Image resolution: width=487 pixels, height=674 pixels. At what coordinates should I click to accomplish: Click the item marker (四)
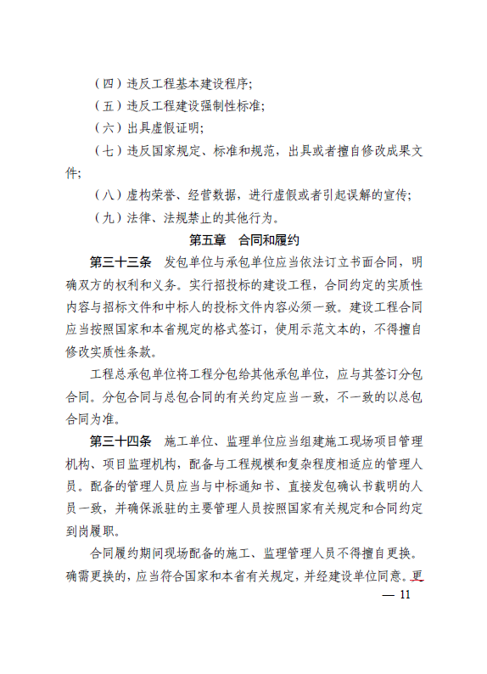(x=108, y=85)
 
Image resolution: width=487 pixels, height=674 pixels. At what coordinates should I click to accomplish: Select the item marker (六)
(x=108, y=129)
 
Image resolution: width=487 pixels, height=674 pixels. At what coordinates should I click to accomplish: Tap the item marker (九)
(x=108, y=218)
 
